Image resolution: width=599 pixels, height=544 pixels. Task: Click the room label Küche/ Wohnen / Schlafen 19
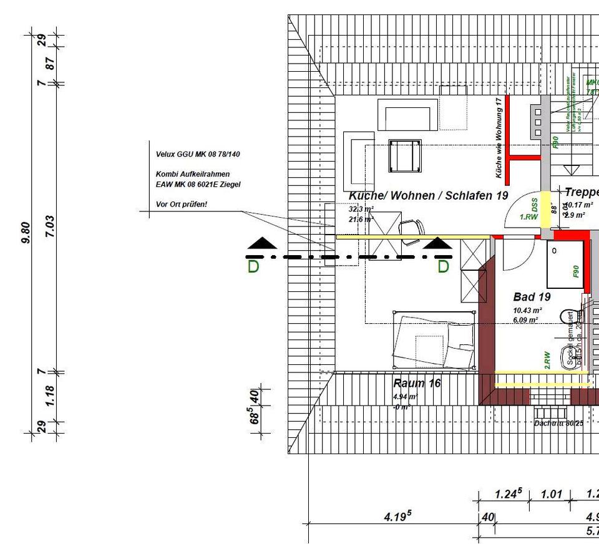[428, 196]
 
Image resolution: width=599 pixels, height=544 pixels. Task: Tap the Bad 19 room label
[532, 296]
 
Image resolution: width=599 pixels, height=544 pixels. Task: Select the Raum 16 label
[417, 383]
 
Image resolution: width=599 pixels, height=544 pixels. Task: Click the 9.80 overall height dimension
[26, 232]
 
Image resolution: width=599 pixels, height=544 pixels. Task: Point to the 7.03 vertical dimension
[51, 226]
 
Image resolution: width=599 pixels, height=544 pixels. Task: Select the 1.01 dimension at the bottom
[551, 495]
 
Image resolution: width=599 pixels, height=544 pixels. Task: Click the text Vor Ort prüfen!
[182, 205]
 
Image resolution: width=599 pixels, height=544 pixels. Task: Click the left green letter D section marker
[253, 267]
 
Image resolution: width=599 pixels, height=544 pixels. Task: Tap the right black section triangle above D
[439, 243]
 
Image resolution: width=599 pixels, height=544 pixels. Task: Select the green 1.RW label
[529, 217]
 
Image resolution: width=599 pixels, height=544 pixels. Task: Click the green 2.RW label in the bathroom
[547, 358]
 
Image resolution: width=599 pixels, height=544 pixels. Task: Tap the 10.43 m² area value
[527, 310]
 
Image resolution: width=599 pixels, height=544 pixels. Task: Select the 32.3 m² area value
[361, 209]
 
